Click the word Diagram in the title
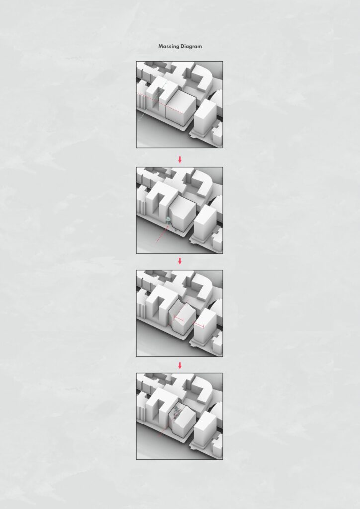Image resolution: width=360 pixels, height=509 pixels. tap(191, 46)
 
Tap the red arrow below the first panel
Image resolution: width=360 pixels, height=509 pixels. tap(180, 160)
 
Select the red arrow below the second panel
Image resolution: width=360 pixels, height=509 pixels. tap(180, 261)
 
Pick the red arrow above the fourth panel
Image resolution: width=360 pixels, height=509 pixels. tap(180, 366)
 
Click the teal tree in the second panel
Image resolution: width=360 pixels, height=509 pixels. tap(168, 220)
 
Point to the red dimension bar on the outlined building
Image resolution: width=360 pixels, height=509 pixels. tap(179, 319)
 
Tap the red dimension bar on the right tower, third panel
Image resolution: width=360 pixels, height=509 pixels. tap(199, 325)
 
